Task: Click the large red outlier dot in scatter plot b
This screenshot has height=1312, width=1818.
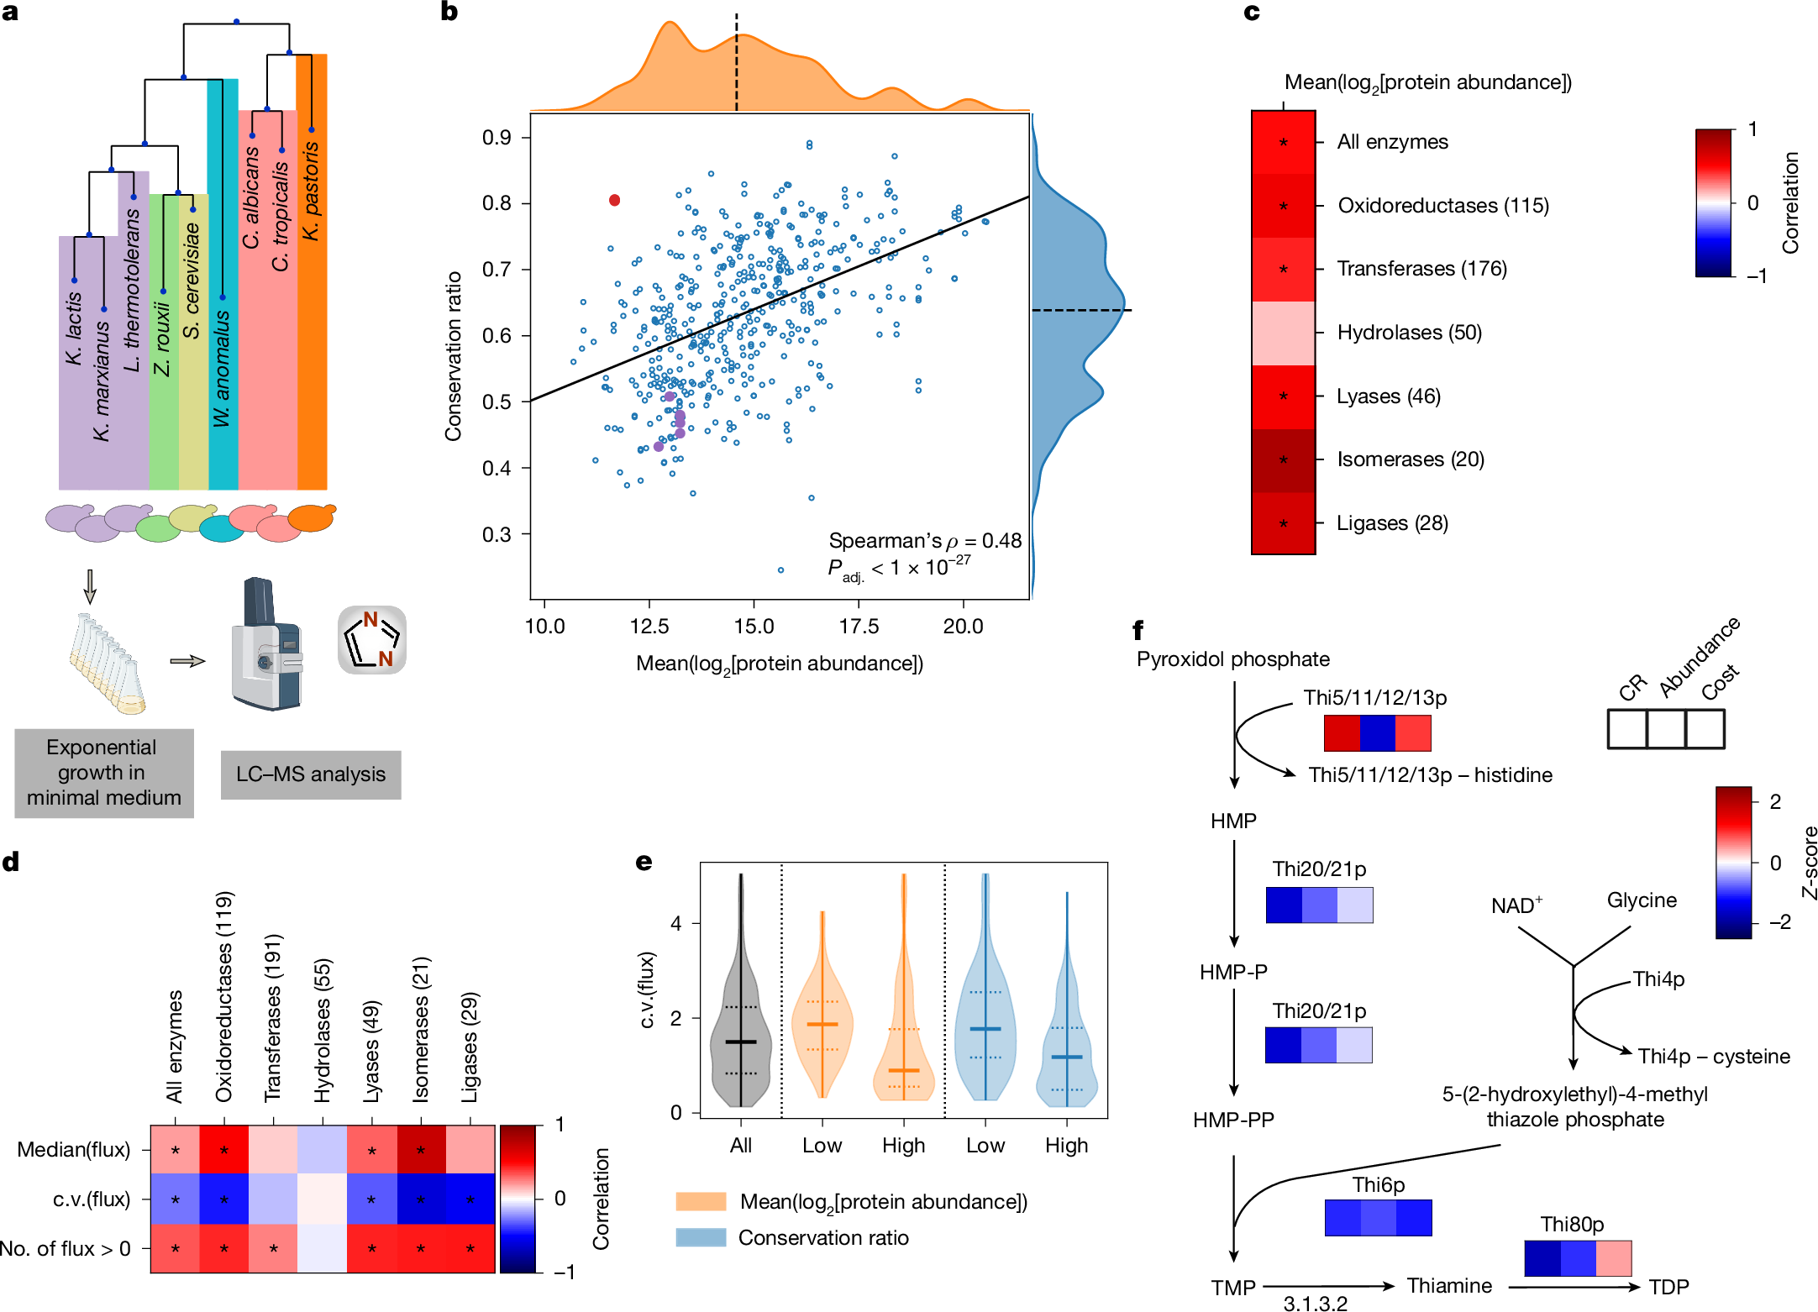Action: [614, 200]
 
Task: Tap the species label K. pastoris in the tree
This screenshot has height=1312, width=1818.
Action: [311, 191]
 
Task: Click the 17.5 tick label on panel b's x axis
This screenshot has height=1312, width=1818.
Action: [858, 627]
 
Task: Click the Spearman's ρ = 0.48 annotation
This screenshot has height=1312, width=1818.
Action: [924, 540]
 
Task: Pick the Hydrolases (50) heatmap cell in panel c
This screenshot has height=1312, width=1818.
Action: [1283, 333]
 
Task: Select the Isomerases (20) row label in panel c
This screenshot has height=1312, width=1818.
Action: [1410, 459]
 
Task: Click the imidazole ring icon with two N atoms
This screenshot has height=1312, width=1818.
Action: [372, 640]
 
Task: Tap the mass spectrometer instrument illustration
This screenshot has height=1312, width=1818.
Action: [265, 644]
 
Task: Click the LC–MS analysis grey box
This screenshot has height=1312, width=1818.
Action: [311, 774]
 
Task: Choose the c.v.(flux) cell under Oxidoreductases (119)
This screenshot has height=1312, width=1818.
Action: [224, 1199]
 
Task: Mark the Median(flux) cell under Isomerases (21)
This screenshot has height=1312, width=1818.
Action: [421, 1150]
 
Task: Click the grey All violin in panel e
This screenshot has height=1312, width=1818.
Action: [740, 1042]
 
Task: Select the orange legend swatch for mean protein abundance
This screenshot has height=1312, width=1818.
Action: [701, 1201]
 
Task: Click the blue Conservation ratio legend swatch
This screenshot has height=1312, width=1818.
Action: [701, 1237]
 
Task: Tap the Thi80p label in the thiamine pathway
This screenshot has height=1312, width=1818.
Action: [1572, 1225]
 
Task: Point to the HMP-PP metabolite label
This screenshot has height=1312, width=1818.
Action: [1232, 1120]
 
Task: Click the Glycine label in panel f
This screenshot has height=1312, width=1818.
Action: [1641, 900]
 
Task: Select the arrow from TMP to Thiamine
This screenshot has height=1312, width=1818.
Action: [1327, 1285]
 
